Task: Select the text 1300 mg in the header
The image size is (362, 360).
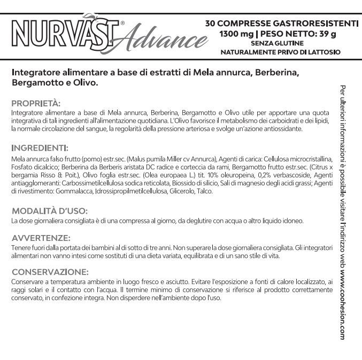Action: click(234, 34)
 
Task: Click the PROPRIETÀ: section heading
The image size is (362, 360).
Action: click(36, 103)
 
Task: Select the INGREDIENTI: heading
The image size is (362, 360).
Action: click(40, 148)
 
